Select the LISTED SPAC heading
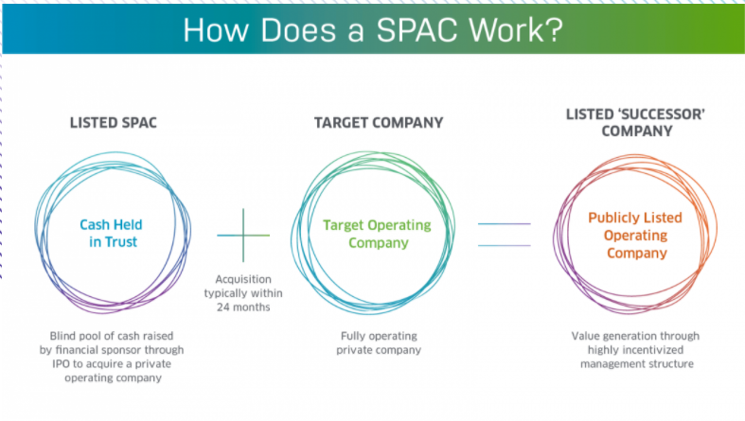click(113, 123)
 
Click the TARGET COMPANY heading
click(378, 123)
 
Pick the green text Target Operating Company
click(377, 234)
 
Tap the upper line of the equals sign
click(504, 224)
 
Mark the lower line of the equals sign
click(504, 245)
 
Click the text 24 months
click(243, 307)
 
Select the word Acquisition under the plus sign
click(244, 279)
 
